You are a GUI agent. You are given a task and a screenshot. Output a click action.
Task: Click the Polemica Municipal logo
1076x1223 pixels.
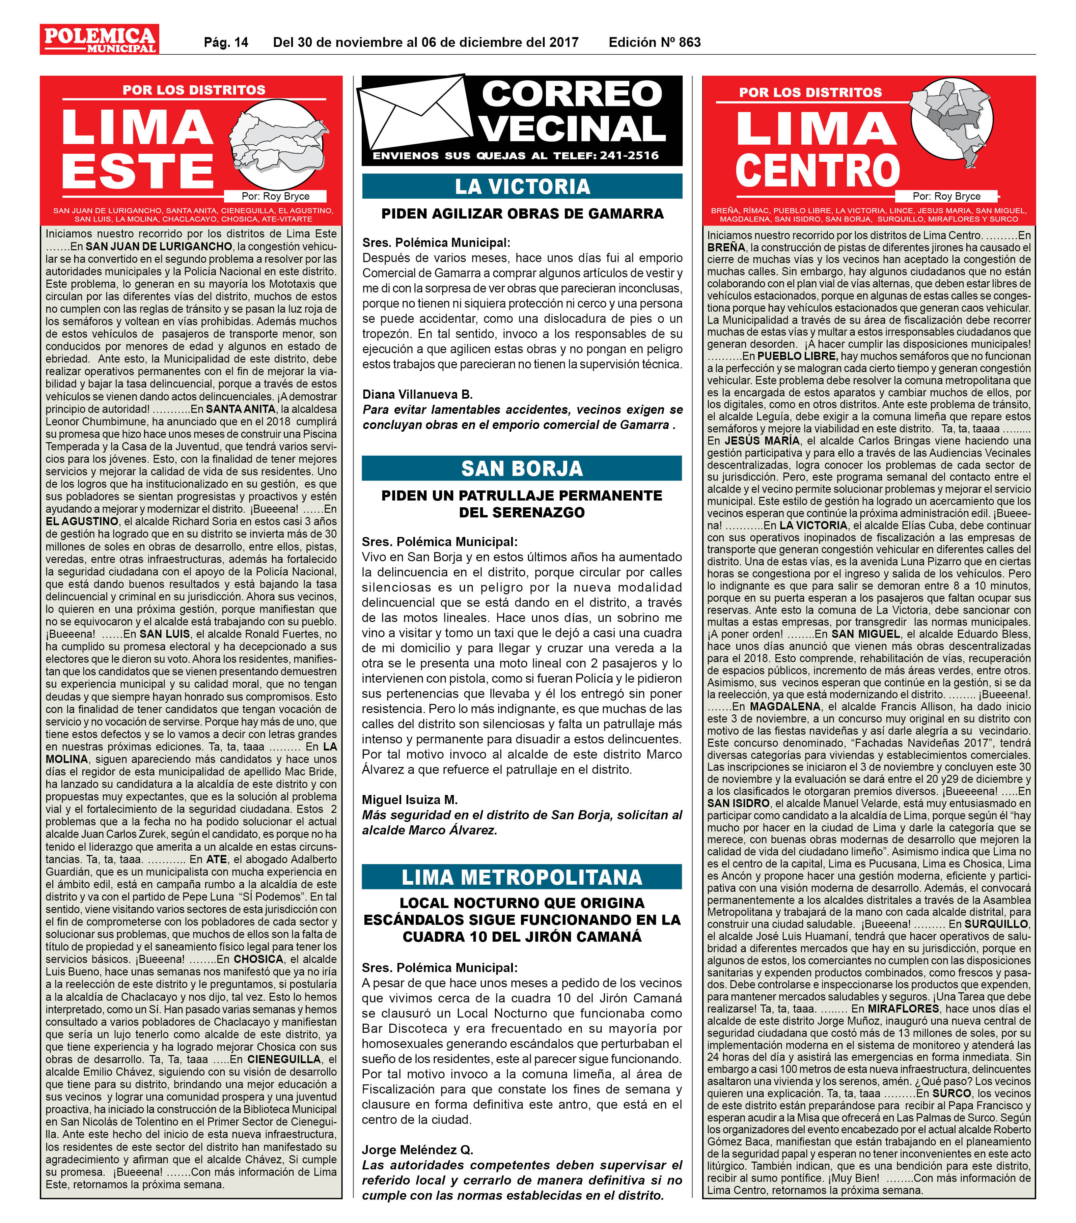click(99, 39)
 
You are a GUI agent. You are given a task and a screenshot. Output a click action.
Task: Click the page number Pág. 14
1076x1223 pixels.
click(226, 42)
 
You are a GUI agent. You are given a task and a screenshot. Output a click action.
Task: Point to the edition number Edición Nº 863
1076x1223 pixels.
click(654, 42)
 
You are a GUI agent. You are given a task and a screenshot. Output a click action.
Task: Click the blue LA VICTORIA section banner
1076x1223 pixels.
click(522, 187)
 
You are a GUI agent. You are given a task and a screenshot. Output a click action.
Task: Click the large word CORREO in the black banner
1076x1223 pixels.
click(572, 94)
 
